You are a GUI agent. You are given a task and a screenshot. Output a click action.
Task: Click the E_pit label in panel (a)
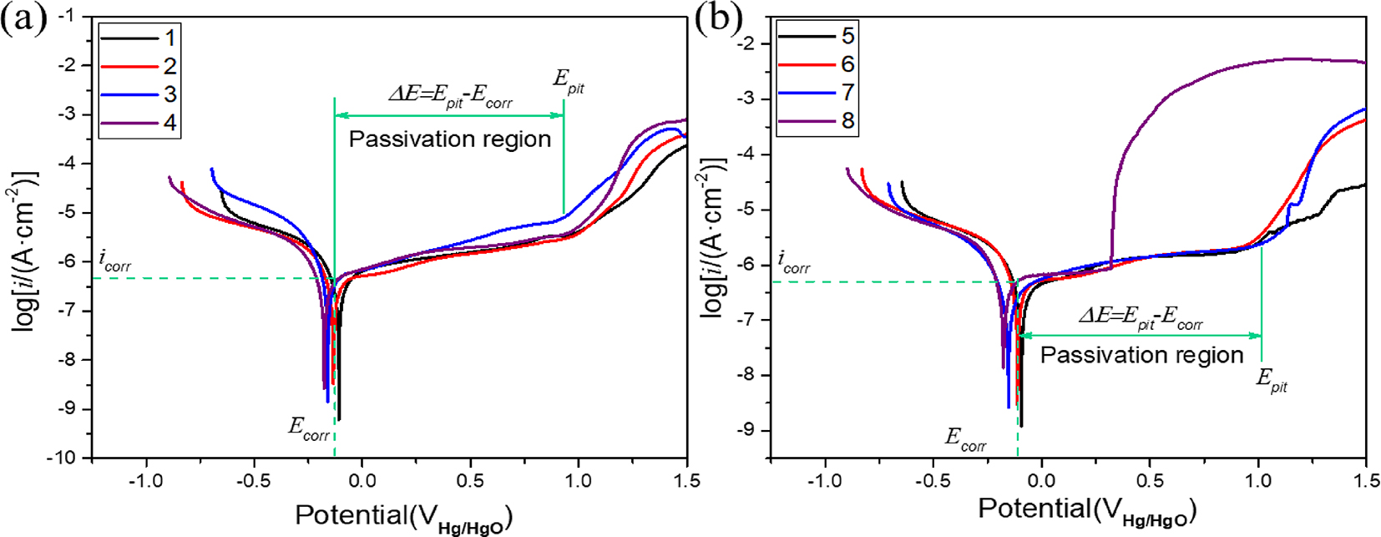[569, 81]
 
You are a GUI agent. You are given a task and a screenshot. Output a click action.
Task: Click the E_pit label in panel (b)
[1272, 380]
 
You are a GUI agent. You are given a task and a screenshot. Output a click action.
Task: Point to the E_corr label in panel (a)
[309, 429]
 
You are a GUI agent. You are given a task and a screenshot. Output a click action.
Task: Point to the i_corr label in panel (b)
[794, 263]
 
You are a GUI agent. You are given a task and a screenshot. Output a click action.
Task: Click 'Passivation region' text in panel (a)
[450, 139]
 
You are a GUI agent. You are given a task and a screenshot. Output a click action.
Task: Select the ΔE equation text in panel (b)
[1141, 317]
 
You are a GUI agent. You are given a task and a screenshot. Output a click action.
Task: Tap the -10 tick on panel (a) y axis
[69, 458]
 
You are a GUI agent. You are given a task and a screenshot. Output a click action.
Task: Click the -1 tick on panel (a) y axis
[73, 17]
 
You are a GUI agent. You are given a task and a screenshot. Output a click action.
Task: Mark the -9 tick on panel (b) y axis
[748, 430]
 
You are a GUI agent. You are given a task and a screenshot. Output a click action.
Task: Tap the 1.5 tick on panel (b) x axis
[1365, 482]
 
